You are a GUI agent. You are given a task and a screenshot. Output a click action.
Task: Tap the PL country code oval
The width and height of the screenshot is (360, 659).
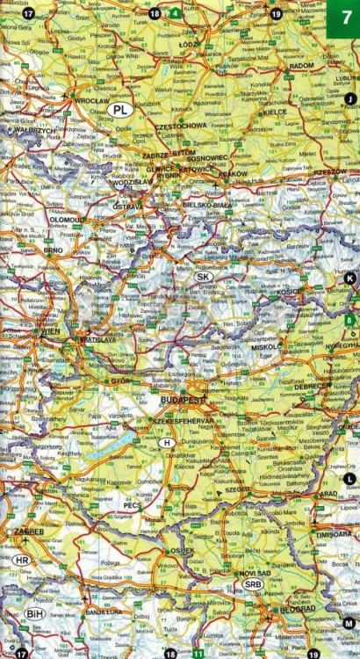pyautogui.click(x=122, y=110)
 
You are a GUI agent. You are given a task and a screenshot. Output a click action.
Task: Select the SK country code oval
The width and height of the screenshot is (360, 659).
pyautogui.click(x=203, y=276)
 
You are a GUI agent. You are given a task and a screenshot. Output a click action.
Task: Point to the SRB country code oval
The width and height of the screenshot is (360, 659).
pyautogui.click(x=253, y=583)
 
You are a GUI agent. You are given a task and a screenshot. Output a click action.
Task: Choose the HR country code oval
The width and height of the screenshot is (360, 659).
pyautogui.click(x=22, y=560)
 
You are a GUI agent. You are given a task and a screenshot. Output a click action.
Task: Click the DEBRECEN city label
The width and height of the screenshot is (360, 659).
pyautogui.click(x=313, y=386)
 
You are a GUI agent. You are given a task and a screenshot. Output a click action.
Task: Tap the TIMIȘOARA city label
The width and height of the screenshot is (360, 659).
pyautogui.click(x=335, y=532)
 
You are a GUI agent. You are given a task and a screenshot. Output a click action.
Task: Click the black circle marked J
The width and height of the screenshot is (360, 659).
pyautogui.click(x=350, y=98)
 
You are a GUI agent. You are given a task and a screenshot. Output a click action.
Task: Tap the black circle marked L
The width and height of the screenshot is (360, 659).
pyautogui.click(x=349, y=478)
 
